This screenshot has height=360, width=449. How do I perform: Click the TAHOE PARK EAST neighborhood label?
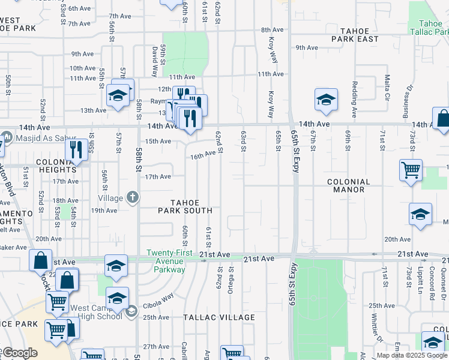tap(359, 34)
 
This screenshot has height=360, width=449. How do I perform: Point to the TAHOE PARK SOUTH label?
tap(185, 206)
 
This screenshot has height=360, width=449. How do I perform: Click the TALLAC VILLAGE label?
tap(218, 317)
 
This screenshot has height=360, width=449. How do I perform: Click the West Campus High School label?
tap(96, 312)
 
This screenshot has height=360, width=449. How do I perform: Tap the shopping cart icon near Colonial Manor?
tap(411, 170)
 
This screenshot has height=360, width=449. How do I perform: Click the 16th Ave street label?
tap(203, 155)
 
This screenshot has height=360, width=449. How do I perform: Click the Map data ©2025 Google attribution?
tap(411, 355)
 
